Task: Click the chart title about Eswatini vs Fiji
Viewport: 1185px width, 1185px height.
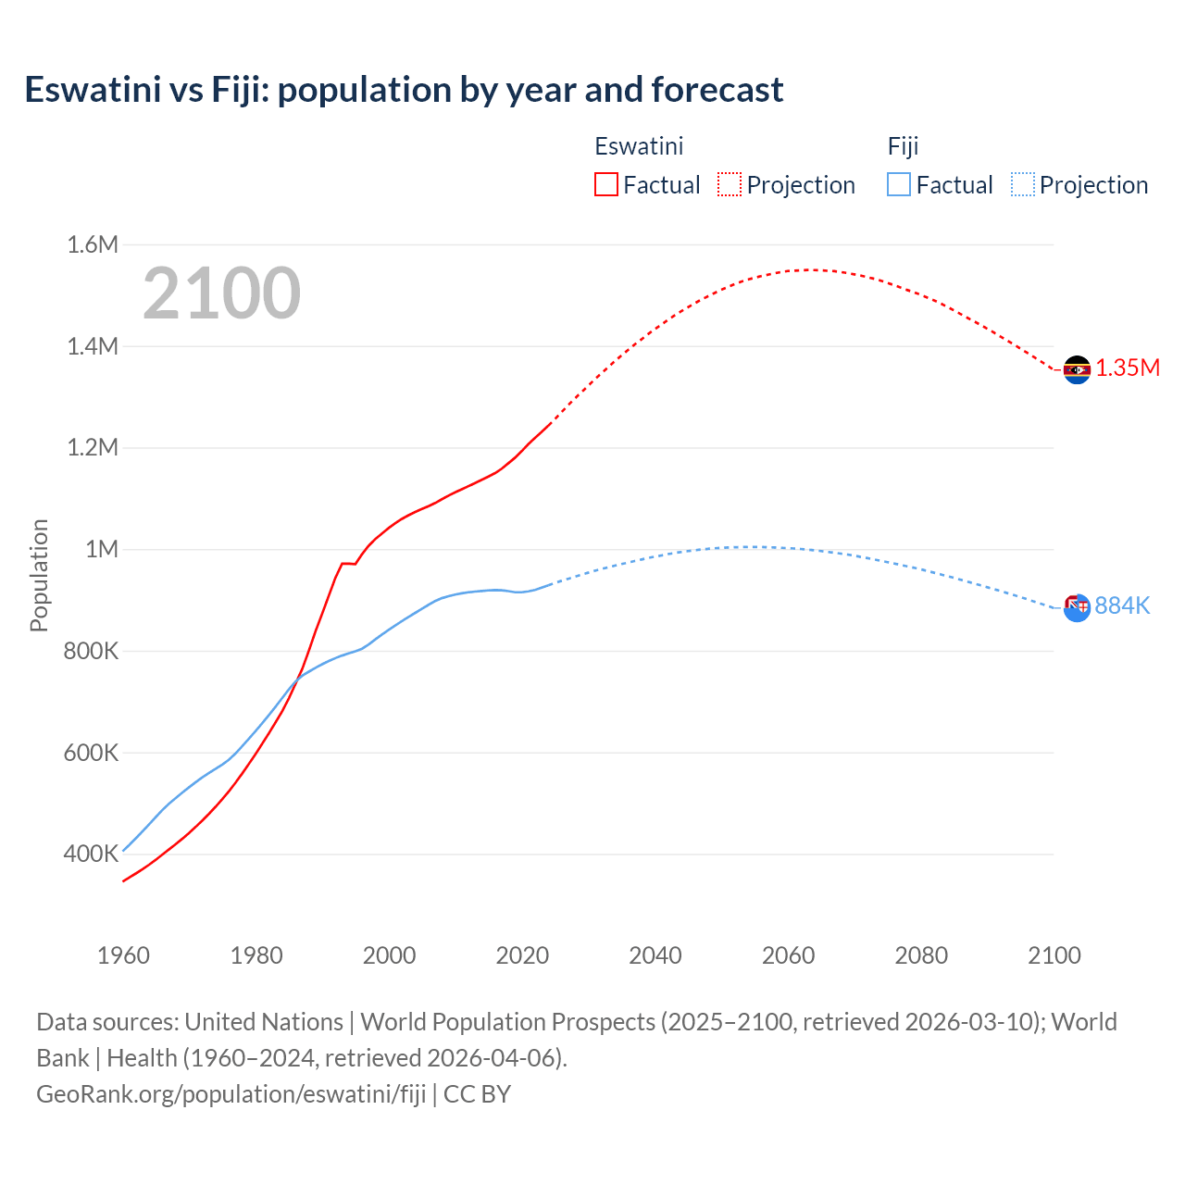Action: click(404, 90)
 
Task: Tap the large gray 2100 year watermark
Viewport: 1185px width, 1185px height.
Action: click(221, 293)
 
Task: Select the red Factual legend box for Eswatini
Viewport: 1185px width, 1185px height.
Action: click(605, 184)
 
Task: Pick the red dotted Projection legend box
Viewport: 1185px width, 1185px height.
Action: click(730, 184)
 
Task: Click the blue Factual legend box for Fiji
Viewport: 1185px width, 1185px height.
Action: click(899, 184)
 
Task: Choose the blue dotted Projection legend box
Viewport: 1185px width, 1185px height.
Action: click(1023, 184)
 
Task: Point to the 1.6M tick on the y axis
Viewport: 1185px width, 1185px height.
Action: click(93, 244)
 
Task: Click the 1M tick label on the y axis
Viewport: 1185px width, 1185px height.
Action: click(102, 549)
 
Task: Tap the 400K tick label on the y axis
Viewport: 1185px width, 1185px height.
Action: click(91, 854)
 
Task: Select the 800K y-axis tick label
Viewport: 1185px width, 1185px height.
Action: click(91, 651)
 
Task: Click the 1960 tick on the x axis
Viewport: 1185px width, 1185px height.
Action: click(123, 955)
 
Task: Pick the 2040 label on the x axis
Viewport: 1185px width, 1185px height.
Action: click(655, 955)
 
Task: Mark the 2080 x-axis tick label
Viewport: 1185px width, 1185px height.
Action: click(921, 955)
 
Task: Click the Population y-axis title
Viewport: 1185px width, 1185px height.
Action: click(39, 575)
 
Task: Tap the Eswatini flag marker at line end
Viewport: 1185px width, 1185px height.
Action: click(1077, 369)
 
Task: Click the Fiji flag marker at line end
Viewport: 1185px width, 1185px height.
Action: click(1077, 607)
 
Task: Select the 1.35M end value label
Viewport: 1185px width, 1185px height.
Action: click(1128, 368)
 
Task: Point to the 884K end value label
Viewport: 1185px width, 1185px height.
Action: click(1122, 605)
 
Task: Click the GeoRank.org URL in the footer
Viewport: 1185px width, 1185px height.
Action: click(231, 1093)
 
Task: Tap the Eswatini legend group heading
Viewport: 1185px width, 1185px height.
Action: click(639, 146)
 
